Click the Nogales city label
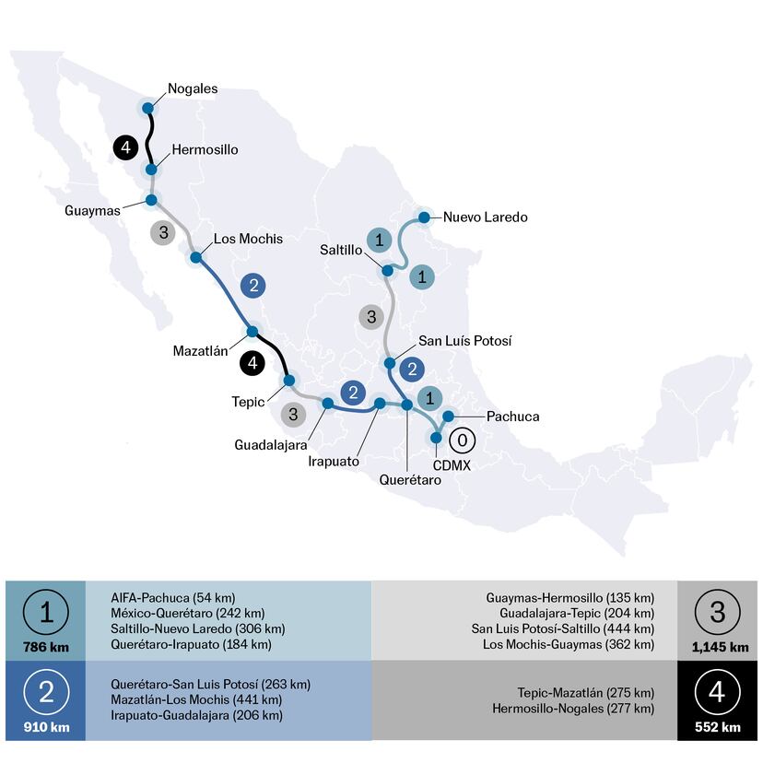[193, 89]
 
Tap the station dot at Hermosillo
[150, 170]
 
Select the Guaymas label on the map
[93, 211]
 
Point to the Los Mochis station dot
[195, 257]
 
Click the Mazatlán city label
[200, 350]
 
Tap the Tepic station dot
[288, 380]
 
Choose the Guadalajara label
[271, 444]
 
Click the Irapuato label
[333, 461]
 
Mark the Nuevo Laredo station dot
[424, 217]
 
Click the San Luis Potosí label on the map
[464, 341]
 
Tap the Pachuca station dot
[448, 417]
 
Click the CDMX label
[452, 466]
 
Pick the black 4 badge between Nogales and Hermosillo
[126, 146]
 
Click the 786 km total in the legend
[45, 647]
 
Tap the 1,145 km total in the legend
[720, 647]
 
